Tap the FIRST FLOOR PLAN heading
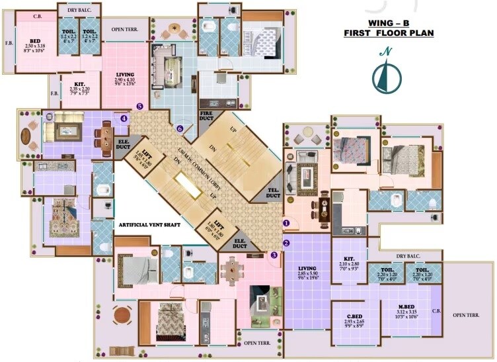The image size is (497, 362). click(389, 32)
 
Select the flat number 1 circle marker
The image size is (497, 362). click(286, 223)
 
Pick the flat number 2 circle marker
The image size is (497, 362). click(286, 242)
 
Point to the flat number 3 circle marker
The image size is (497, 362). click(274, 255)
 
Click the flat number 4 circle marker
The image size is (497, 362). click(124, 118)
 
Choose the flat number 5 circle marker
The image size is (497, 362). click(139, 106)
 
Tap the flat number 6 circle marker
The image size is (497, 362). click(179, 128)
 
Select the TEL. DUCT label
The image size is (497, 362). click(273, 194)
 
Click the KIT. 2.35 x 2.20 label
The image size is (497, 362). click(79, 87)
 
